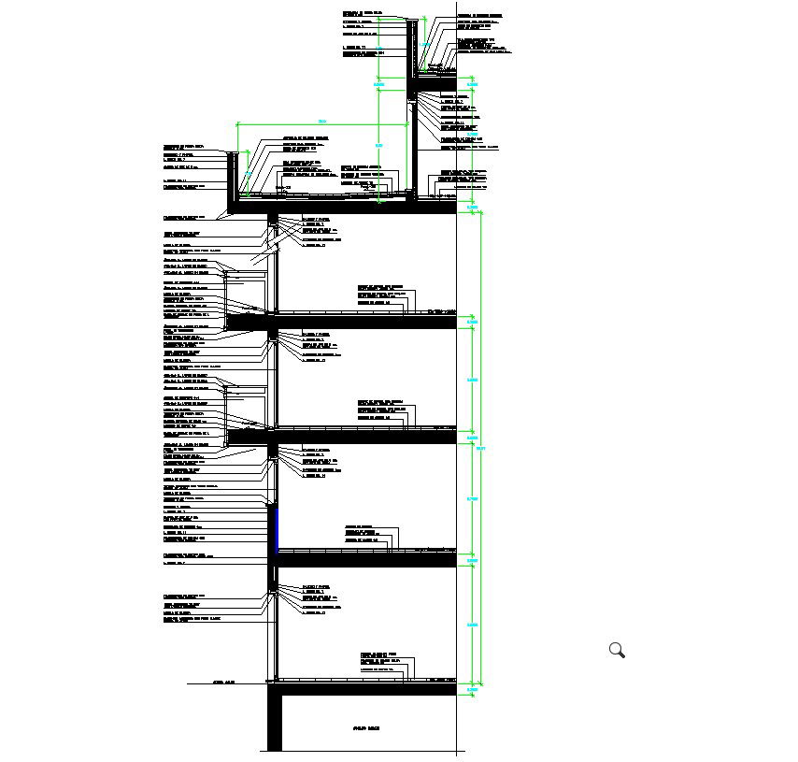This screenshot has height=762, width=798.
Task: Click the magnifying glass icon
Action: click(617, 650)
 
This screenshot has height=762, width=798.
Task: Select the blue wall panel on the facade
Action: click(277, 529)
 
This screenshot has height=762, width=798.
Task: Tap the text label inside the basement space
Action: click(365, 728)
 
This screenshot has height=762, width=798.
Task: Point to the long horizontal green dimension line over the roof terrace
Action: click(322, 122)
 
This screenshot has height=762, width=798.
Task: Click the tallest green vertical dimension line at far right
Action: click(482, 449)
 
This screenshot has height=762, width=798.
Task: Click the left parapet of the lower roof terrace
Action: click(231, 178)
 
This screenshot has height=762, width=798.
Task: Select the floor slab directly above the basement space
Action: click(364, 689)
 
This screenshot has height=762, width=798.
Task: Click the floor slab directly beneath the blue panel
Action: click(364, 560)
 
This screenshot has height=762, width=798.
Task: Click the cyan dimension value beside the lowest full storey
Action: click(473, 625)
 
